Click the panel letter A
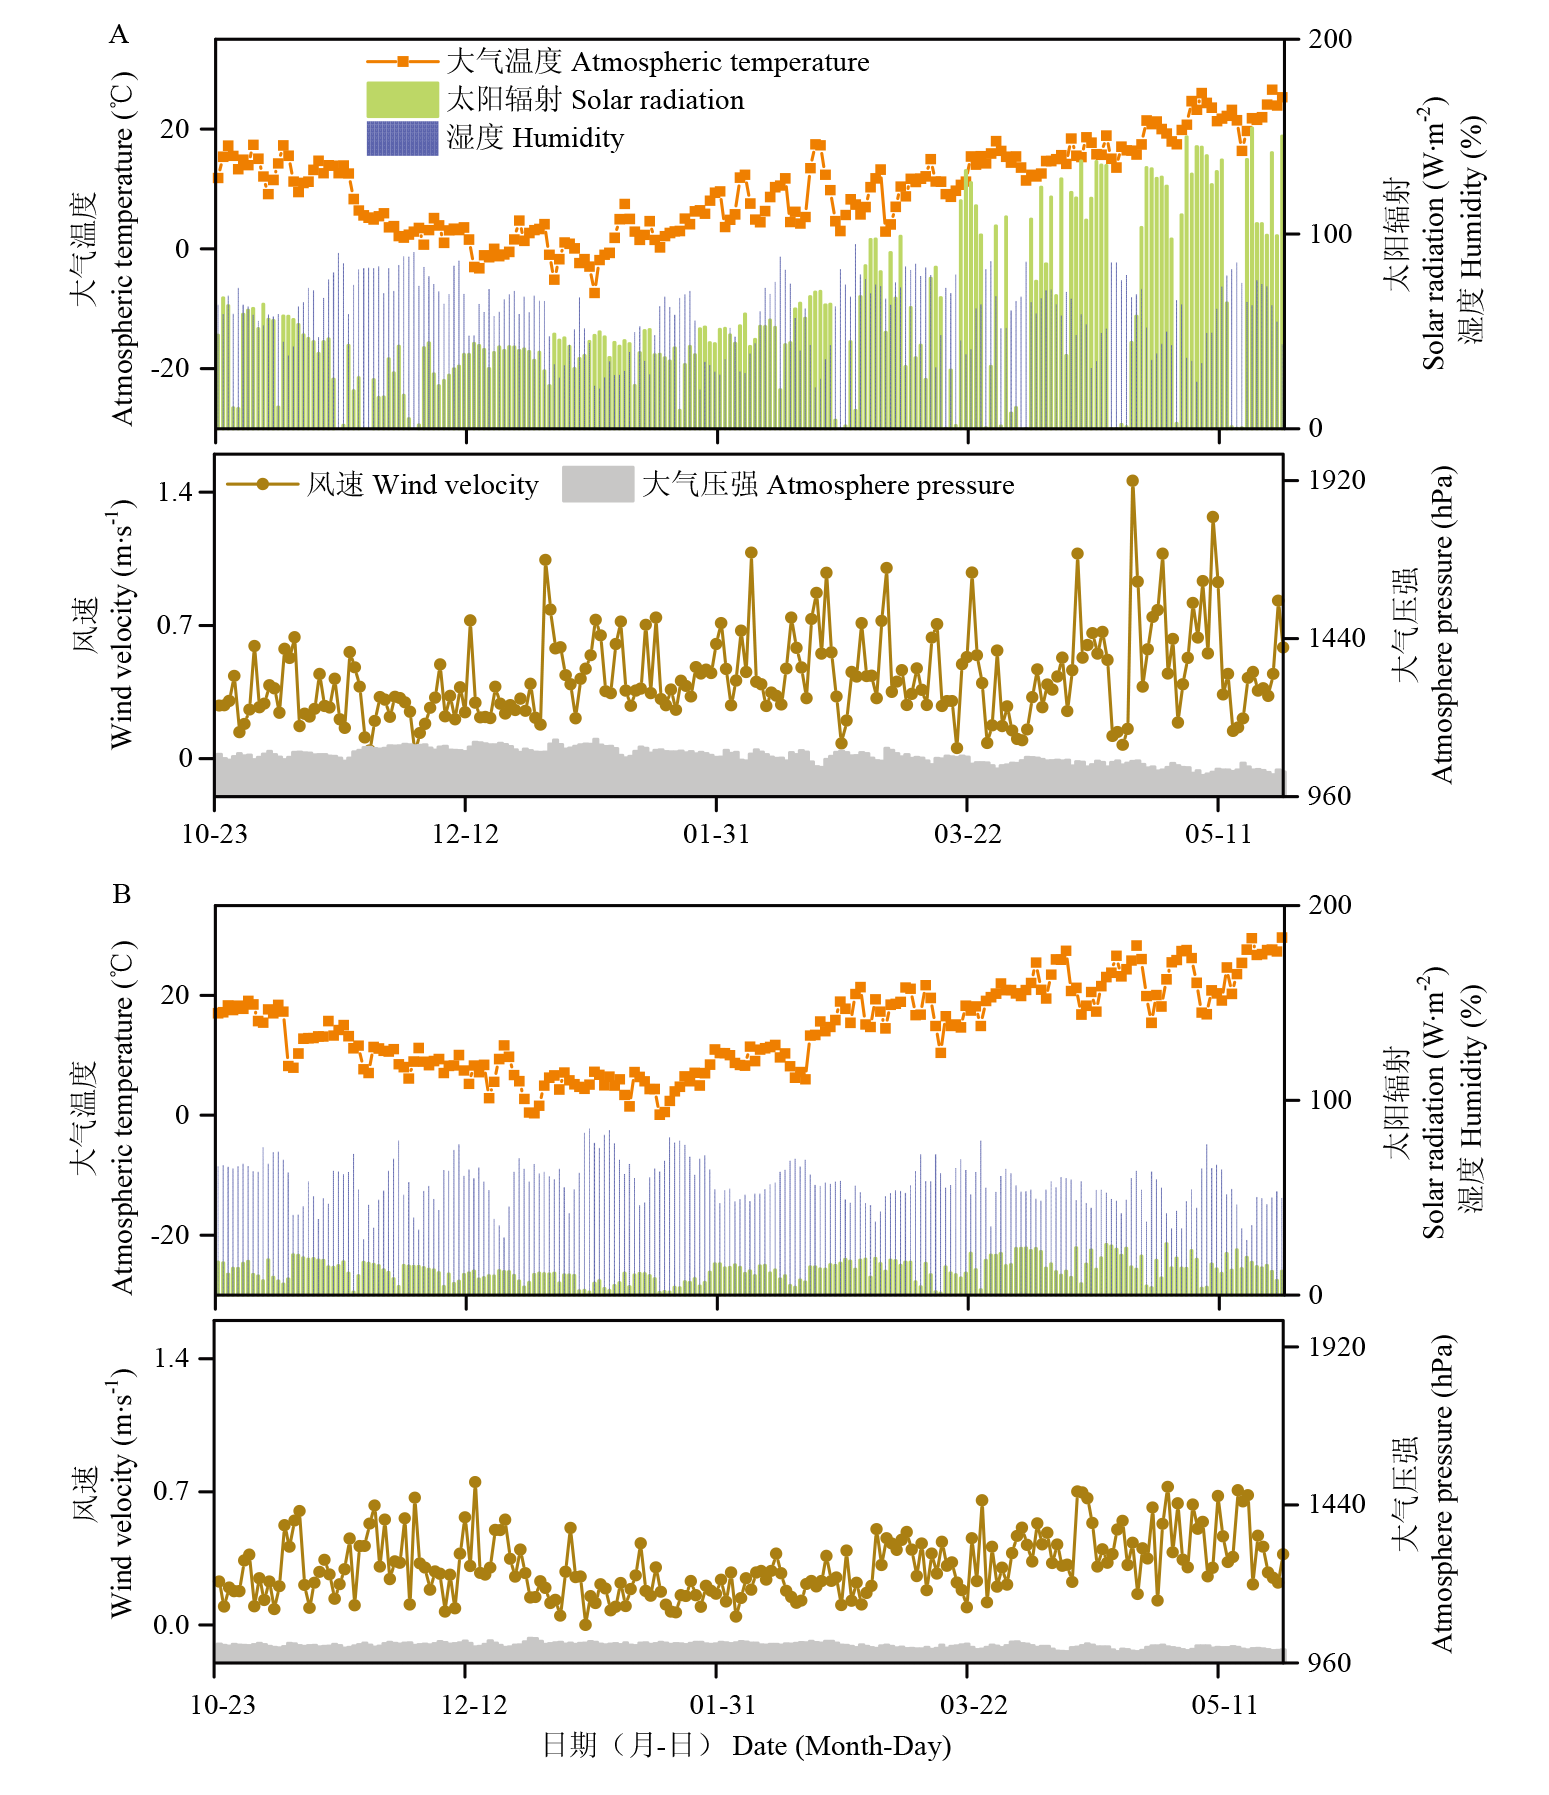(x=119, y=36)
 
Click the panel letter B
(x=121, y=894)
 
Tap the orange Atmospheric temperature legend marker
(x=403, y=62)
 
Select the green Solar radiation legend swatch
(x=402, y=100)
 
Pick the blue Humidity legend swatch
(x=402, y=138)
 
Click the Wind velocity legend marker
(x=263, y=485)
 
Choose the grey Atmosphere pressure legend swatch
(x=597, y=485)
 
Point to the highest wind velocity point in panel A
(x=1132, y=481)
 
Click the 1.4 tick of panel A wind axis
(x=174, y=492)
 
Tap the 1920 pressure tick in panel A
(x=1337, y=481)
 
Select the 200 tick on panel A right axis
(x=1330, y=40)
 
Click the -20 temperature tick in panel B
(x=168, y=1235)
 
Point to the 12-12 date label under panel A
(x=465, y=834)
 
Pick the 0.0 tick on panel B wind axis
(x=171, y=1625)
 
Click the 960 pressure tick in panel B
(x=1330, y=1663)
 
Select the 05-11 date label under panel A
(x=1218, y=834)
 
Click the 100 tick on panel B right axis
(x=1330, y=1100)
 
